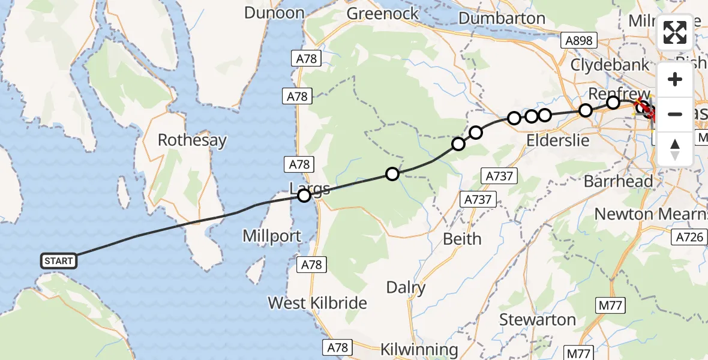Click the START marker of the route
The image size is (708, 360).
(x=59, y=260)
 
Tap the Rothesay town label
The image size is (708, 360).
(x=192, y=141)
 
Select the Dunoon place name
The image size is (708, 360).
(x=274, y=13)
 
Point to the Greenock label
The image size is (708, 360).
(x=382, y=13)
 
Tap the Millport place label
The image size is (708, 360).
(x=272, y=236)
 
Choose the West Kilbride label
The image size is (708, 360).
(x=317, y=303)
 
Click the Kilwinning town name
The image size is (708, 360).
(x=419, y=349)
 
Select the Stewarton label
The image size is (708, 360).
(x=538, y=320)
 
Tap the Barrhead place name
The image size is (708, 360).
(x=619, y=181)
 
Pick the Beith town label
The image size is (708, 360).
(x=462, y=239)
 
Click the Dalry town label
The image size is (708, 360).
(x=406, y=288)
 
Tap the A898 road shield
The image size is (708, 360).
(x=578, y=41)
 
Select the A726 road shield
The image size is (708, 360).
(x=689, y=238)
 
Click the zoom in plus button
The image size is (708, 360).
(x=675, y=80)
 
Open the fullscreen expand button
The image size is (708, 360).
(x=675, y=33)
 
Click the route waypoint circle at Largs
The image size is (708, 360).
(x=304, y=195)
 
